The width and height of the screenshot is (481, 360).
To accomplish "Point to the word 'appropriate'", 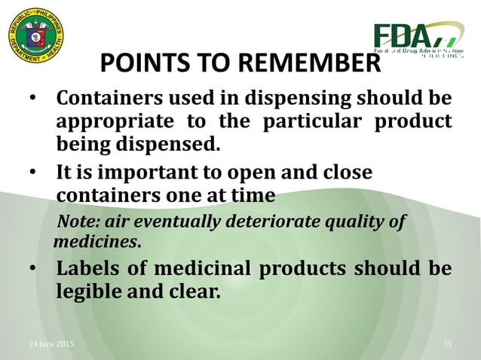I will [x=112, y=122].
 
